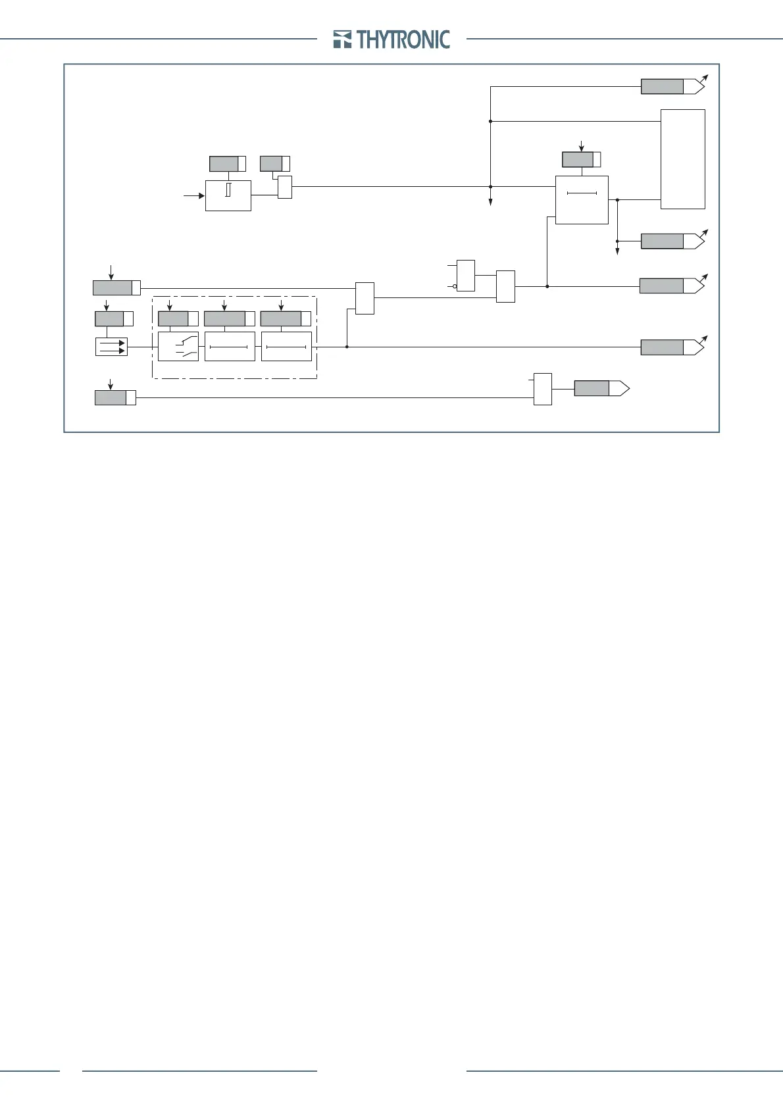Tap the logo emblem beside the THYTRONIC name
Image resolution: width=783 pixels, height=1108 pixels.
point(342,39)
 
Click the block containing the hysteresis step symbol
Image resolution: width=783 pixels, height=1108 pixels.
point(228,195)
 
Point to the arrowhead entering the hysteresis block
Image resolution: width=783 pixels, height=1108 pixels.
point(201,195)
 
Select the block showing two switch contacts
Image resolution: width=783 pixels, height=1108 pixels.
point(178,346)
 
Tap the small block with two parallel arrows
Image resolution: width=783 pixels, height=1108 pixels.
point(111,347)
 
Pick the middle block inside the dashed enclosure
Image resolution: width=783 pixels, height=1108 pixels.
point(229,346)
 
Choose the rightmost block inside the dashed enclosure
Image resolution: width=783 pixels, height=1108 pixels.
point(286,346)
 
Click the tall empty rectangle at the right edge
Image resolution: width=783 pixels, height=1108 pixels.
point(682,159)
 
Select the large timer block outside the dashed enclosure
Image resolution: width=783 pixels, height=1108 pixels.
point(582,200)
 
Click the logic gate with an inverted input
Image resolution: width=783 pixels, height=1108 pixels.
point(465,276)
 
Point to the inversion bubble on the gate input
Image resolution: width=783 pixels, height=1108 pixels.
point(455,286)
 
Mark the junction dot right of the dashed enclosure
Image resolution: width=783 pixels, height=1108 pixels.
point(346,347)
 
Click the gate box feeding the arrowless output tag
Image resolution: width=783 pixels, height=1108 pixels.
point(542,389)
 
